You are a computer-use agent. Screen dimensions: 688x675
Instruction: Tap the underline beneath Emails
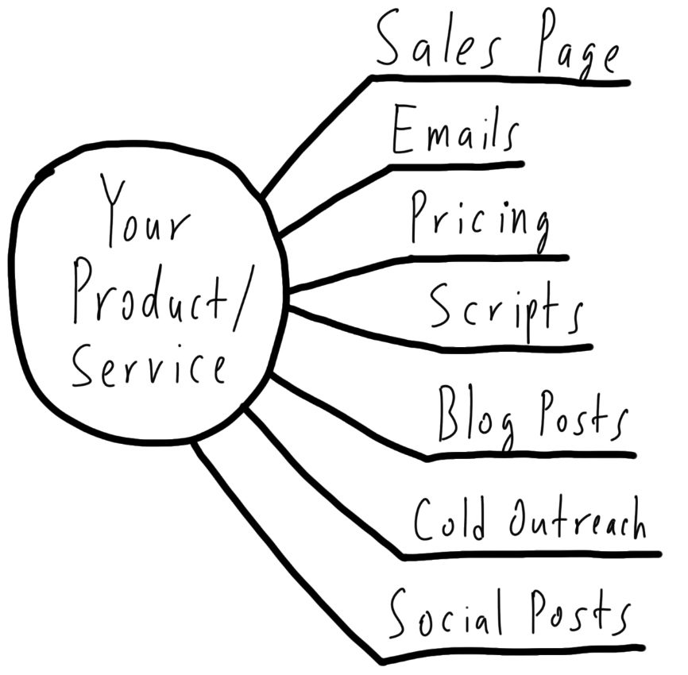(x=457, y=165)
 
